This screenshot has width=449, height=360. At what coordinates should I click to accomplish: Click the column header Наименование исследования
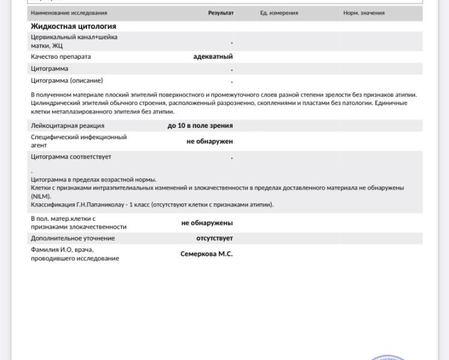pyautogui.click(x=69, y=13)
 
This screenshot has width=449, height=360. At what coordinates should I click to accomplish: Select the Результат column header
pyautogui.click(x=221, y=13)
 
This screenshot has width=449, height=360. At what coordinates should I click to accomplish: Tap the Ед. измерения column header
pyautogui.click(x=279, y=13)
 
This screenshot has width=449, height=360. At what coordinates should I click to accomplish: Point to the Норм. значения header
pyautogui.click(x=364, y=13)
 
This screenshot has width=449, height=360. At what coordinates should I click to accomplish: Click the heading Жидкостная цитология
pyautogui.click(x=73, y=26)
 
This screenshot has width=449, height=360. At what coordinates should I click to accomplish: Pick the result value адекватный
pyautogui.click(x=213, y=56)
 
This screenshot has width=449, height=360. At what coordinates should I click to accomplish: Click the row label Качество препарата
pyautogui.click(x=61, y=56)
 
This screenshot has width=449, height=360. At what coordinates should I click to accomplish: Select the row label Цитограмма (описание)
pyautogui.click(x=67, y=80)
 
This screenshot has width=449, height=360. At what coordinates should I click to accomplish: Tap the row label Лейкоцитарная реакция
pyautogui.click(x=67, y=125)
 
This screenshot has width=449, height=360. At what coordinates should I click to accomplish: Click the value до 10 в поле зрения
pyautogui.click(x=200, y=125)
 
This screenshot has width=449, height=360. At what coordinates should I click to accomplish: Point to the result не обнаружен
pyautogui.click(x=210, y=142)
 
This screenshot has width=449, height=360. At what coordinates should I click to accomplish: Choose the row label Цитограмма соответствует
pyautogui.click(x=71, y=157)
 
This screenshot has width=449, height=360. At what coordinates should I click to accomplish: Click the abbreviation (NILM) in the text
pyautogui.click(x=41, y=196)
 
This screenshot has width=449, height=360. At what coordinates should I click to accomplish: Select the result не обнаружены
pyautogui.click(x=207, y=223)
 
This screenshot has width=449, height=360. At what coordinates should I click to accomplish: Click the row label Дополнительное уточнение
pyautogui.click(x=73, y=238)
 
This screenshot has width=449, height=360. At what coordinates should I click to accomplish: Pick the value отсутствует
pyautogui.click(x=215, y=238)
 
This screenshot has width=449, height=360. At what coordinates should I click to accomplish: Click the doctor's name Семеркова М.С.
pyautogui.click(x=206, y=254)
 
